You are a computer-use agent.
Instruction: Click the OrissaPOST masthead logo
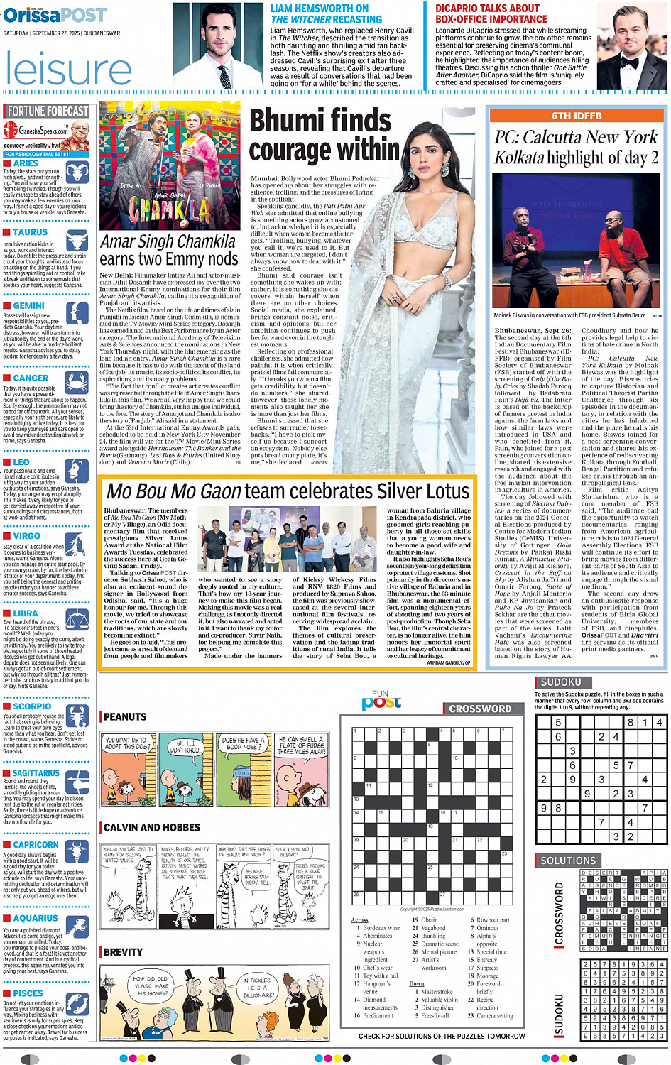[55, 14]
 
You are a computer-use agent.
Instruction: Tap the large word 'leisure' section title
[68, 70]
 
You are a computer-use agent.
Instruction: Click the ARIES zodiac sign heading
[26, 163]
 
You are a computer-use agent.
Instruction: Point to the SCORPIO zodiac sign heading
[32, 706]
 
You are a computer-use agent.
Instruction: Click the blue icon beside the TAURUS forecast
[76, 239]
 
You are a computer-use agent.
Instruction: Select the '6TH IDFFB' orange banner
[577, 116]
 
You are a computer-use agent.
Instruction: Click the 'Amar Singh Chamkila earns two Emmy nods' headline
[168, 250]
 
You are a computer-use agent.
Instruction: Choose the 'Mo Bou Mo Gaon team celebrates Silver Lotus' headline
[288, 491]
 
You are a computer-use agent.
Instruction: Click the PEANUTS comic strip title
[125, 717]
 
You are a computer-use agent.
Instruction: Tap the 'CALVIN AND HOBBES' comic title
[152, 827]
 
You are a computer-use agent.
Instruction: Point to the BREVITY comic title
[123, 952]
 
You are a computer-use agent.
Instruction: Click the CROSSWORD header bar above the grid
[479, 709]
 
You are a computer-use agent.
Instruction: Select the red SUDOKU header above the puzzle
[561, 682]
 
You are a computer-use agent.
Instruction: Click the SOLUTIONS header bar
[568, 861]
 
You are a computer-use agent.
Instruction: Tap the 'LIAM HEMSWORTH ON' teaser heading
[320, 9]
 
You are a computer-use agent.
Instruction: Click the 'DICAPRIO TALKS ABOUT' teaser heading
[487, 9]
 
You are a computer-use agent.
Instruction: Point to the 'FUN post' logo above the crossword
[381, 701]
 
